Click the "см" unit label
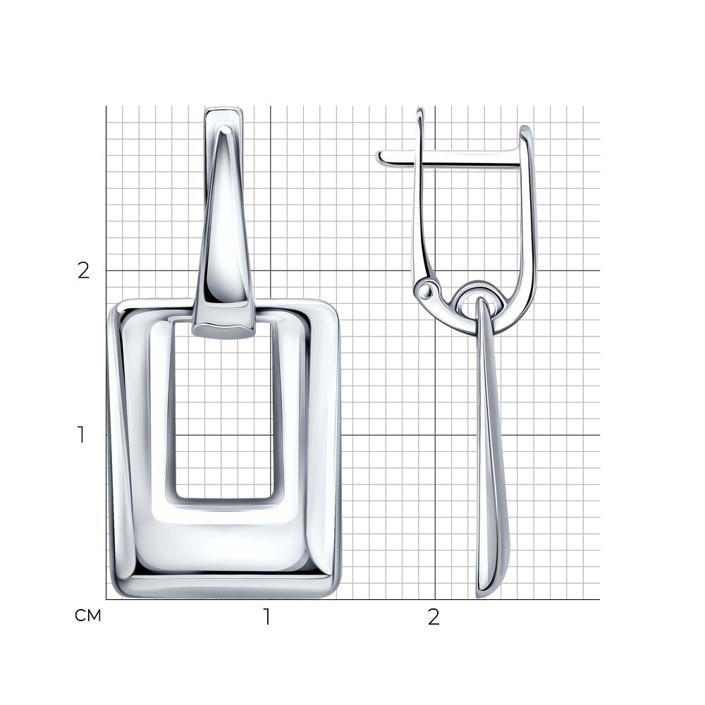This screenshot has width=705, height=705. pos(88,615)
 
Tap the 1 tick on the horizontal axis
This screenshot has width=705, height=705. pos(267,617)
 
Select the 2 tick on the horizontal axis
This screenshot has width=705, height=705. pos(434,617)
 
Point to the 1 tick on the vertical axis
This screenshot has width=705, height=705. pos(81,435)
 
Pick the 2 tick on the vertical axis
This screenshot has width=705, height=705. pos(84,271)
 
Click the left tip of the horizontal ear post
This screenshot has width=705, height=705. pos(378,157)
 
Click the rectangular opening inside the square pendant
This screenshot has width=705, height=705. pos(223,409)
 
